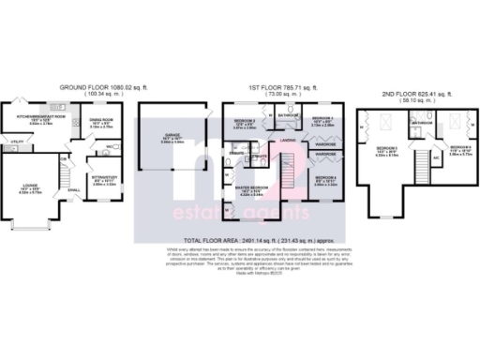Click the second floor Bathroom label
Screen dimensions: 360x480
(x=421, y=123)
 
